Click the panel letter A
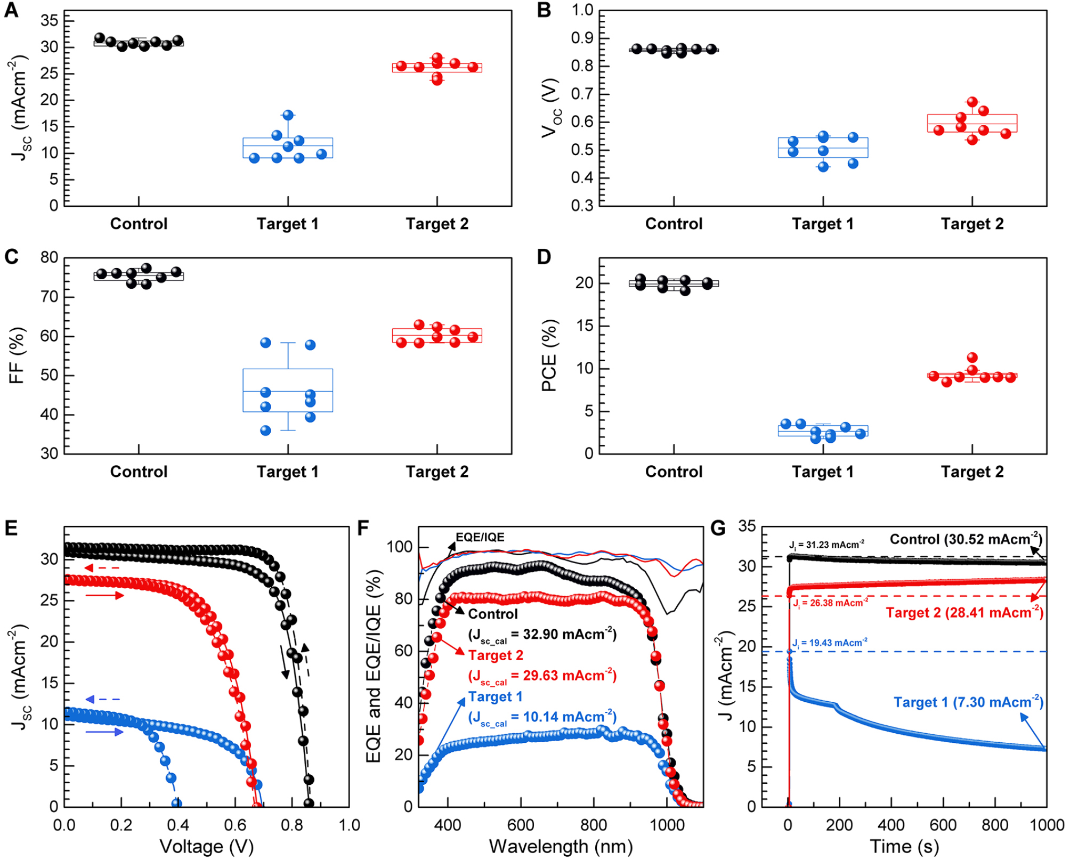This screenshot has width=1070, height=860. [11, 11]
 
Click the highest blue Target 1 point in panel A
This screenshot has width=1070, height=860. [288, 115]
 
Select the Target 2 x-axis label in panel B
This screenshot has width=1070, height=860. [971, 224]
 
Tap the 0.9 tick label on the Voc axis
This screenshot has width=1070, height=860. [582, 38]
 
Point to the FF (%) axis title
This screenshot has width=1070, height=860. [17, 355]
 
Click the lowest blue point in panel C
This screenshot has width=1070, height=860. [265, 431]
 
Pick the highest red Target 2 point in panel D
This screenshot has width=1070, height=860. [972, 358]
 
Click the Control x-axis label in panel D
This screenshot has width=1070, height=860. [674, 472]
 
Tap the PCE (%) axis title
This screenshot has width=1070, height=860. [549, 355]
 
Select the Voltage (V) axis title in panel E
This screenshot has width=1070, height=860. [207, 847]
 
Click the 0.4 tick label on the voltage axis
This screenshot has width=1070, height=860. [178, 825]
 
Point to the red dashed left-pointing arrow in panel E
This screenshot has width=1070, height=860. [102, 568]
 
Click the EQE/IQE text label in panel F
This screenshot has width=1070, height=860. [480, 537]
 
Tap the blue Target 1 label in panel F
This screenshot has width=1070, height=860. [495, 697]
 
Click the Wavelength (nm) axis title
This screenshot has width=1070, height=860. [561, 847]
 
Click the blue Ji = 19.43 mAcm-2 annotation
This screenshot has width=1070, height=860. [829, 643]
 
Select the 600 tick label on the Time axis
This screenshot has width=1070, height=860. [943, 825]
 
